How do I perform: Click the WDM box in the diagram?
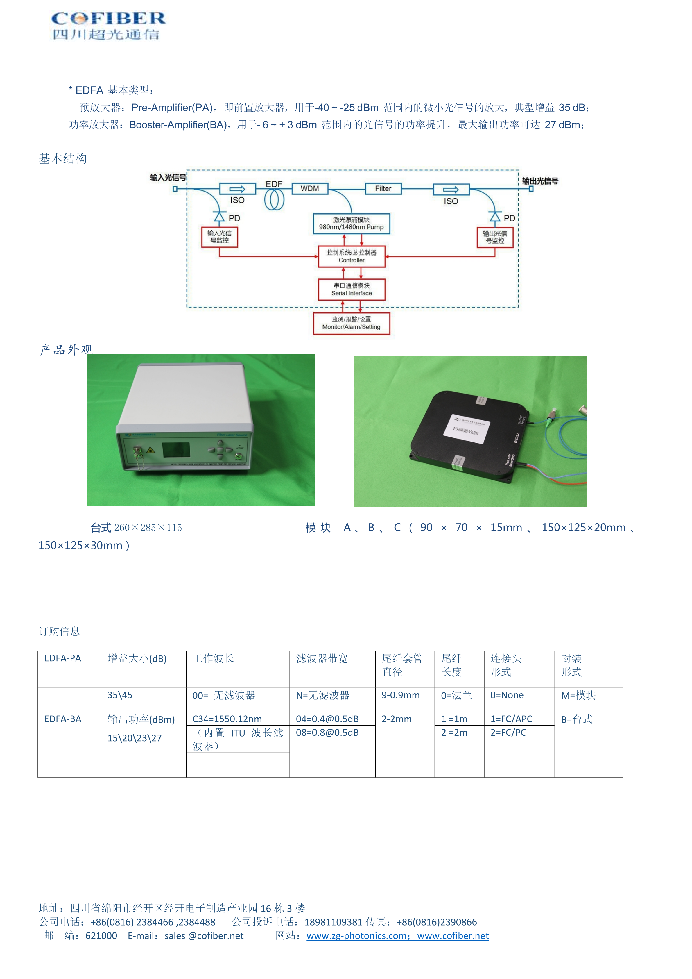[x=310, y=188]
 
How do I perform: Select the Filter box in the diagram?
[x=383, y=188]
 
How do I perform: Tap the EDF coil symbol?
[x=274, y=199]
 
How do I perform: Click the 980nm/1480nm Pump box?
[x=351, y=224]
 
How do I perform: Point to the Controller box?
[x=352, y=256]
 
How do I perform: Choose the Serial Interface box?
[x=352, y=290]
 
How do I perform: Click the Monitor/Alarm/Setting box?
[x=351, y=323]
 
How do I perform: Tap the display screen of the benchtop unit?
[x=176, y=450]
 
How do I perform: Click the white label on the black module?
[x=466, y=428]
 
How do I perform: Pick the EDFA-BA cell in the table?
[x=63, y=719]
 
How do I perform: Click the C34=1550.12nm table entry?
[x=227, y=719]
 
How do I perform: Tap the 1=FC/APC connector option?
[x=511, y=719]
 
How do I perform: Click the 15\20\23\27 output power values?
[x=135, y=738]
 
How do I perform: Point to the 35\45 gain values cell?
[x=120, y=695]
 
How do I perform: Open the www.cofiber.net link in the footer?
[x=453, y=935]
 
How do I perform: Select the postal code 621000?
[x=101, y=935]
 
